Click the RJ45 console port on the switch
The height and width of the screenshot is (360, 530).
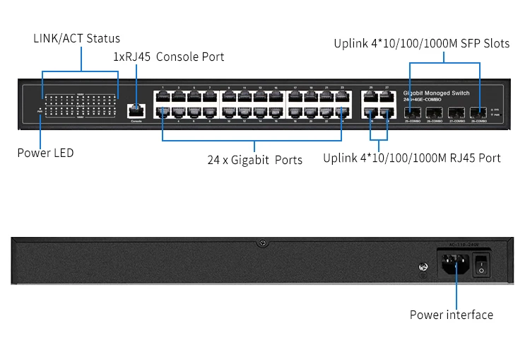click(x=136, y=110)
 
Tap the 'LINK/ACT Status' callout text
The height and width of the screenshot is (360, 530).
click(x=77, y=38)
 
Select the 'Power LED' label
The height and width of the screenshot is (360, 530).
click(x=45, y=153)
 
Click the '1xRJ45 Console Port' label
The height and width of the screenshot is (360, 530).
click(x=169, y=57)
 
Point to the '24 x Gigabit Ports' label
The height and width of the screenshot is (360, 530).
click(x=254, y=160)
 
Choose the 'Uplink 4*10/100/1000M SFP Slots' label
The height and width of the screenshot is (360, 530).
click(x=421, y=44)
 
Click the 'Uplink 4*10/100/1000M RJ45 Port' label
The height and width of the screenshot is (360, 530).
click(x=411, y=158)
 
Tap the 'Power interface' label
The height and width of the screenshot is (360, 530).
click(x=451, y=315)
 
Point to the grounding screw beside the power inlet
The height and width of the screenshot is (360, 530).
click(x=422, y=267)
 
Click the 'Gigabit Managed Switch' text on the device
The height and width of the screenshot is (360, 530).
click(x=436, y=93)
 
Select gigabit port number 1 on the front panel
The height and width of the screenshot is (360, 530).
click(x=163, y=97)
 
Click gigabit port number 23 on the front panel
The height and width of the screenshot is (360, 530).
click(x=341, y=97)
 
